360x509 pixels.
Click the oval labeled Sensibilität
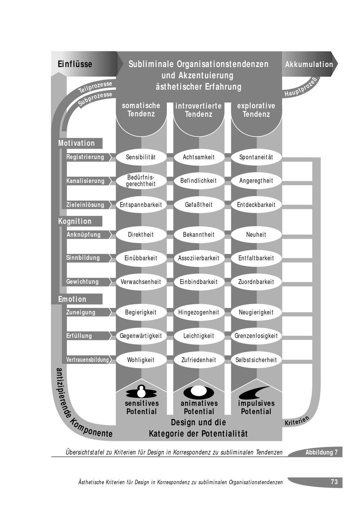[x=141, y=157]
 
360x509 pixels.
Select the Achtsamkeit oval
[x=199, y=157]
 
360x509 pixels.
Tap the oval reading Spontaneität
[x=256, y=157]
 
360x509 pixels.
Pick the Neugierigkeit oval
[x=256, y=312]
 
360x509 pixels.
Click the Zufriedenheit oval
[x=199, y=360]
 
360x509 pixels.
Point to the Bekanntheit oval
[x=199, y=235]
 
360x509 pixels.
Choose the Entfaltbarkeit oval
[x=256, y=258]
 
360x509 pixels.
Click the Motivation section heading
[x=77, y=143]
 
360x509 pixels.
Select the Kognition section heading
[x=75, y=221]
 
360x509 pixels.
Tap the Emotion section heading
[x=72, y=299]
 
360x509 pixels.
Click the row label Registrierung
[x=85, y=157]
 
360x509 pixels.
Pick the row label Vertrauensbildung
[x=87, y=360]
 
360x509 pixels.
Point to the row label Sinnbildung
[x=83, y=258]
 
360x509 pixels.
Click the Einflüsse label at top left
[x=75, y=64]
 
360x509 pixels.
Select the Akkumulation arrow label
[x=309, y=64]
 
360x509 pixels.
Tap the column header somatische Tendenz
[x=141, y=110]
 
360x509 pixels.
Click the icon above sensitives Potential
[x=141, y=391]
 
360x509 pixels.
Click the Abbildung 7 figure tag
[x=321, y=453]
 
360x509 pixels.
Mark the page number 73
[x=334, y=482]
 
